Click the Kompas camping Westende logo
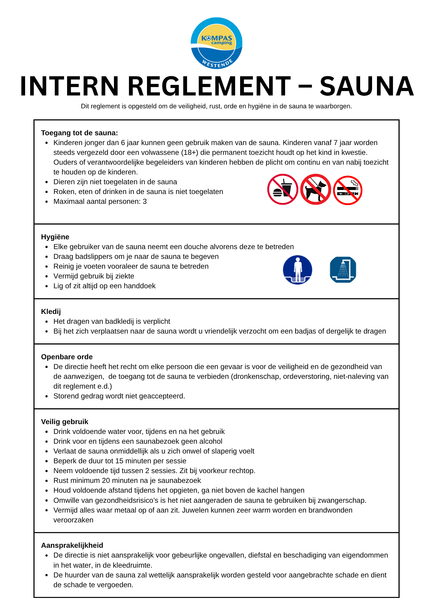tap(216, 43)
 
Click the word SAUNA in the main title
tap(367, 87)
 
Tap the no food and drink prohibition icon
tap(282, 189)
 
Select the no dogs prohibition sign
tap(315, 189)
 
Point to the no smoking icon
tap(348, 190)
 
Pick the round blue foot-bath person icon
tap(297, 270)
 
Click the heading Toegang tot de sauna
tap(79, 133)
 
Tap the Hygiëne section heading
tap(55, 237)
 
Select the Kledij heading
tap(51, 312)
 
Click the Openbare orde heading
tap(67, 357)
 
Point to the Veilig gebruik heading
tap(65, 422)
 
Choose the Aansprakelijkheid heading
tap(72, 545)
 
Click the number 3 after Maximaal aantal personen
tap(145, 201)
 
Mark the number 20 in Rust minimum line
tap(106, 480)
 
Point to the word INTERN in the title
tap(69, 87)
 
